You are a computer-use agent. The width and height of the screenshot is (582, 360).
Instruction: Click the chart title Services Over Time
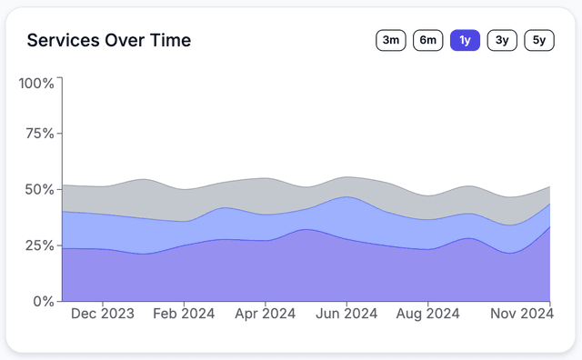[108, 41]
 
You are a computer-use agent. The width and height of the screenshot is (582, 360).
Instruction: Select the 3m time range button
[390, 40]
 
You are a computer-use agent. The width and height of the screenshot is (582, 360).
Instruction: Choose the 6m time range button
[427, 40]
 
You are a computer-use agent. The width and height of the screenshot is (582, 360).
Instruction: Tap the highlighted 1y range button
[465, 40]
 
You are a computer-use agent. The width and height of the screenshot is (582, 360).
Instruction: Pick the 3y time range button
[502, 40]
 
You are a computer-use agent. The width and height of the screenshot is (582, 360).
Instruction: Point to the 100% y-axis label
[36, 84]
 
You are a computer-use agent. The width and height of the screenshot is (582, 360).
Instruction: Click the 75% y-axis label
[40, 134]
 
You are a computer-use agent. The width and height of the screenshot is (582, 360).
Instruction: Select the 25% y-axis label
[40, 245]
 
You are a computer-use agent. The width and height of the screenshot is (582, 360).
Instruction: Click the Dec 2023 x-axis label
[102, 315]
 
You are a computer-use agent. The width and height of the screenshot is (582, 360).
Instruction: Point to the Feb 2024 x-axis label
[184, 315]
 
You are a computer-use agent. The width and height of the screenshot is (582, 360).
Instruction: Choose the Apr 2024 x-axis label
[265, 315]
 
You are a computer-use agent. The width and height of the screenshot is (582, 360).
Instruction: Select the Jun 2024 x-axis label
[346, 315]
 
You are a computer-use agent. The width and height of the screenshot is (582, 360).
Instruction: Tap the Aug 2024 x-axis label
[427, 315]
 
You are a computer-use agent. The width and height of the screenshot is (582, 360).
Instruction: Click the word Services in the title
[65, 41]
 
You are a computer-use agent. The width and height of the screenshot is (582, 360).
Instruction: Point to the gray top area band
[227, 195]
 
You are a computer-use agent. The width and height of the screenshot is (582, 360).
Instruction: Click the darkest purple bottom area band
[273, 273]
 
